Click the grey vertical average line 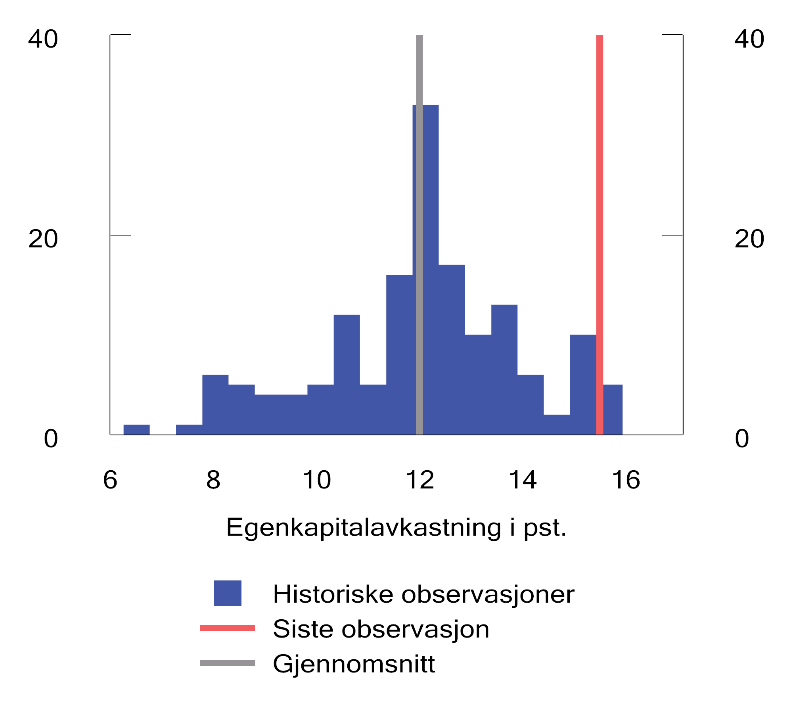click(419, 71)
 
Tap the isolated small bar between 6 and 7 click(136, 429)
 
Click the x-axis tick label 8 click(213, 480)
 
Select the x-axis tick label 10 click(317, 480)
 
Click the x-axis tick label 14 click(523, 480)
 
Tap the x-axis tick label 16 click(626, 480)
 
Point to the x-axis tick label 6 click(110, 480)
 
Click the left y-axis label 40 click(43, 39)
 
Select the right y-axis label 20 click(749, 239)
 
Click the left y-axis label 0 click(51, 439)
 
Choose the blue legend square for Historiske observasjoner click(227, 593)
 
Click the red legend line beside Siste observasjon click(227, 628)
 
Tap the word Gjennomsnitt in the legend click(354, 664)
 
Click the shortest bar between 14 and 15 click(557, 424)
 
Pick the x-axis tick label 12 click(420, 480)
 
